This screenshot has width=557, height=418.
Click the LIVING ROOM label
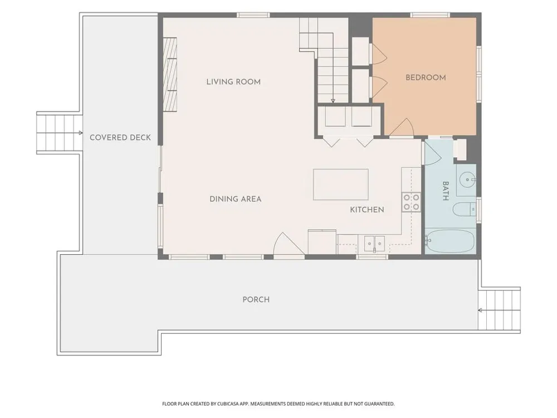pos(233,82)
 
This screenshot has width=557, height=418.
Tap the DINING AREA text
pos(236,199)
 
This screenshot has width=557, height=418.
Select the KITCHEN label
pos(367,210)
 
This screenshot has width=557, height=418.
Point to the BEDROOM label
pos(426,77)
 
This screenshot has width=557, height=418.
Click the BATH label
pos(446,191)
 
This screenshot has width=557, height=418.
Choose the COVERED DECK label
pos(120,138)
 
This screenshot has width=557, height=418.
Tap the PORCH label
pos(256,300)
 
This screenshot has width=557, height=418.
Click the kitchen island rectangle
pos(341,184)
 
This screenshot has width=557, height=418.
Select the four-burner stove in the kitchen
pos(411,202)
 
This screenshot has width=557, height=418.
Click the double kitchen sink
pos(374,244)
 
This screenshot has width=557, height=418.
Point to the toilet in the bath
pos(464,209)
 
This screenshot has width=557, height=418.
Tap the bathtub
pos(449,241)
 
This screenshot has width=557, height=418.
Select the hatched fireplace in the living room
pos(170,75)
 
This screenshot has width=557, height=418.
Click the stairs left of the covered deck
pos(60,133)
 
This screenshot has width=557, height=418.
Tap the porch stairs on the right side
pos(499,310)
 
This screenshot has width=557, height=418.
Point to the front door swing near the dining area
pos(289,244)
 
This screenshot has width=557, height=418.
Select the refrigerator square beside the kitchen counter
pos(322,242)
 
